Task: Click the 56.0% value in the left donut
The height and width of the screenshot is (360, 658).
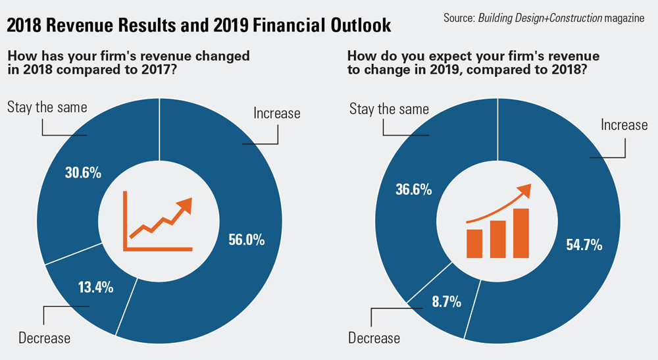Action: pos(247,240)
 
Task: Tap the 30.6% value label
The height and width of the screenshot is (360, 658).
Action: pos(83,173)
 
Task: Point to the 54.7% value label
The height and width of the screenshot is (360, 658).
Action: pos(584,245)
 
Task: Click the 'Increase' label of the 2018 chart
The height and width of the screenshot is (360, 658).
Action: pos(277,113)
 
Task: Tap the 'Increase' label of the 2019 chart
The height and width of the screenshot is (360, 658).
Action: pos(624,124)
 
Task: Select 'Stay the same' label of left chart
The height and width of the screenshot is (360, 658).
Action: pos(47,107)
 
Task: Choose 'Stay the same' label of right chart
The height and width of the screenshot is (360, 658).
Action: pos(389,109)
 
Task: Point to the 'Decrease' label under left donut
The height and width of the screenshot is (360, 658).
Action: pos(44,339)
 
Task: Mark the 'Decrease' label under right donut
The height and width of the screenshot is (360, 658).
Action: pos(374,338)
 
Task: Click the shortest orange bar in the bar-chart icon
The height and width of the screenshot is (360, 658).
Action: pos(474,243)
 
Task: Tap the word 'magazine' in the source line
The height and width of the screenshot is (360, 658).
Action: pos(624,18)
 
